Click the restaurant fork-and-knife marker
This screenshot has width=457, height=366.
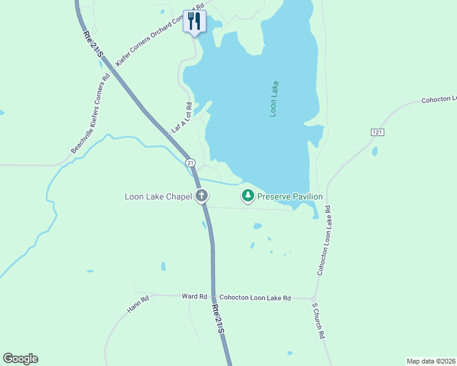pos(194,21)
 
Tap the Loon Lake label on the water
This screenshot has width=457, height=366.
pos(274,99)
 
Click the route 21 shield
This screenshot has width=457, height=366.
pos(191,163)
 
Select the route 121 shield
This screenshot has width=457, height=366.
pos(376,132)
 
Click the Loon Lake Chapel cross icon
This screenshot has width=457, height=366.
pos(202,196)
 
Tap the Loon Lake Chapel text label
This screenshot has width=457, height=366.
pos(158,196)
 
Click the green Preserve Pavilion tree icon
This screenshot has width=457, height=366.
pos(248,196)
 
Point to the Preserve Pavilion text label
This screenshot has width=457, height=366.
pos(290,196)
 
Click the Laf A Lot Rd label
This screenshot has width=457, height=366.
pos(182,118)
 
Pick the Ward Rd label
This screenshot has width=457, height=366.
pos(195,296)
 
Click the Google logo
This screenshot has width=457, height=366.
pos(21,359)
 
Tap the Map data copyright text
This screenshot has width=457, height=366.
pos(430,361)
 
